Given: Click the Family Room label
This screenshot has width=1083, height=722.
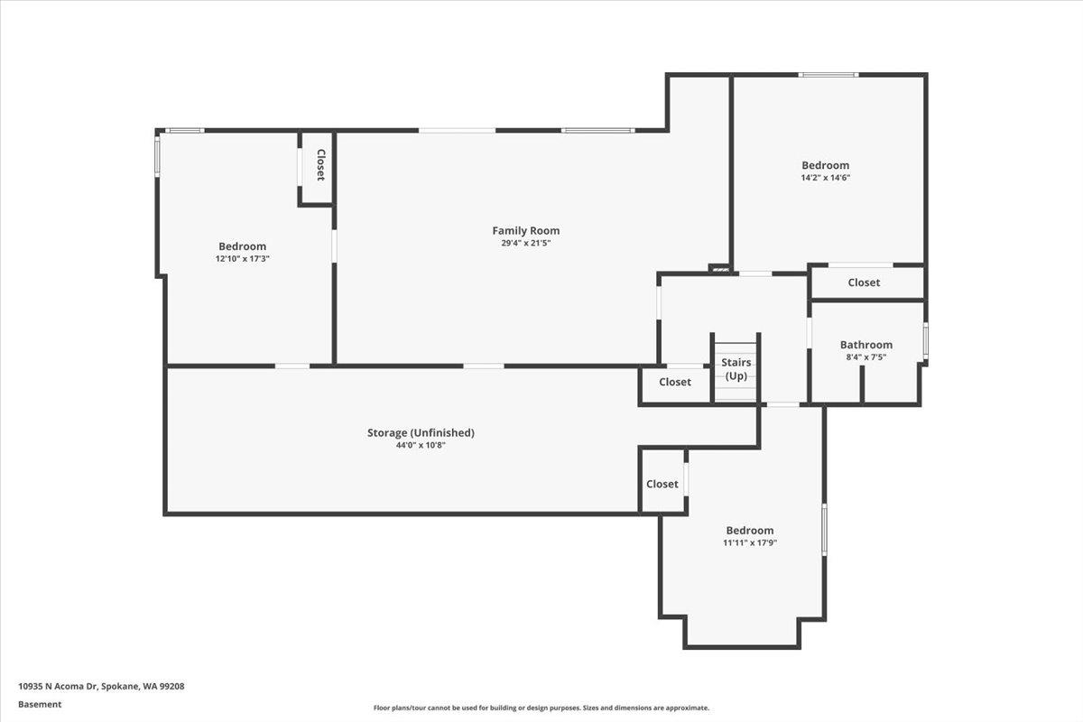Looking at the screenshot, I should coord(525,231).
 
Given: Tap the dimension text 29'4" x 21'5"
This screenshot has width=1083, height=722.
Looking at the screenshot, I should coord(525,243).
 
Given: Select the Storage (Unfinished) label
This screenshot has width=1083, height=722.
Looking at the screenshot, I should coord(420,433).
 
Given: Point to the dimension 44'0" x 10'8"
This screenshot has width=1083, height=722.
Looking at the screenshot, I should coord(420,445).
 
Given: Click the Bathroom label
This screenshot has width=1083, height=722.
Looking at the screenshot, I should coord(865,345).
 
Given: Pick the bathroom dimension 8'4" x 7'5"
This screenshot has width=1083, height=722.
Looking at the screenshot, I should coord(865,356).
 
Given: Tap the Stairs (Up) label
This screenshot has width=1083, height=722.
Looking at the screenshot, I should coord(736,369).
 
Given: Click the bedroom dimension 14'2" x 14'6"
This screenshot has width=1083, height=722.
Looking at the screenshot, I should coord(825,178).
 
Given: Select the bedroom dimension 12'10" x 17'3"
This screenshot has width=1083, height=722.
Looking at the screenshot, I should coord(242,259).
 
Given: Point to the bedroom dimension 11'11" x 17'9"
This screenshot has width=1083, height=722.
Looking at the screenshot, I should coord(749,543).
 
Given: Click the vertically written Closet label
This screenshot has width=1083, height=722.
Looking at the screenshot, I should coord(319,165).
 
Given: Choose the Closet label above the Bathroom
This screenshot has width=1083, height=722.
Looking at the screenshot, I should coord(863,282).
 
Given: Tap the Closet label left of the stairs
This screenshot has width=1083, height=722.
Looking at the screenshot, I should coord(674,382).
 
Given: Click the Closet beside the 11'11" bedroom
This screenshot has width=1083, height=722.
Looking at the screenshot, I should coord(662,485).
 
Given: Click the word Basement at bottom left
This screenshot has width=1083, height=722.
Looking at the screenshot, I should coord(40,704).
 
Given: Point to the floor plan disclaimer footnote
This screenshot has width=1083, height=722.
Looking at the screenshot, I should coord(541,708).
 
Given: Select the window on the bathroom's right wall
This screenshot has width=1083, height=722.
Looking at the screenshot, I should coord(925,342).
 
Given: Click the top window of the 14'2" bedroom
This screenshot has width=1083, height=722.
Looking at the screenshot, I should coord(828,75).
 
